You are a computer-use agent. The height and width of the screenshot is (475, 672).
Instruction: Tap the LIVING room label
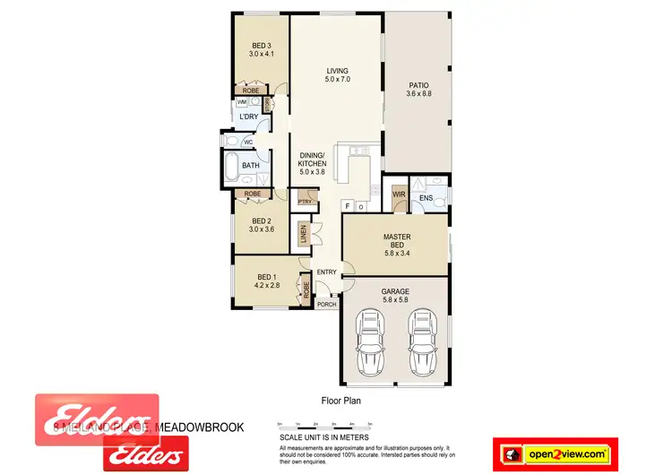pyautogui.click(x=337, y=72)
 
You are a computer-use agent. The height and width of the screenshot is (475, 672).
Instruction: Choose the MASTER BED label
pyautogui.click(x=396, y=237)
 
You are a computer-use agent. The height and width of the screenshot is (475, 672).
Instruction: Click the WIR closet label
pyautogui.click(x=398, y=194)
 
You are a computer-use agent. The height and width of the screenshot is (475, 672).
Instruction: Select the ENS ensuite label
pyautogui.click(x=426, y=198)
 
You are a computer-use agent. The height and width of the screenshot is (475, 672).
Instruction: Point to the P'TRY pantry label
pyautogui.click(x=304, y=201)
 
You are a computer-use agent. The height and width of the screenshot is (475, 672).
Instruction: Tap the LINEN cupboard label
pyautogui.click(x=305, y=236)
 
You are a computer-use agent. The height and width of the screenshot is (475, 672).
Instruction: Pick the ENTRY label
pyautogui.click(x=326, y=272)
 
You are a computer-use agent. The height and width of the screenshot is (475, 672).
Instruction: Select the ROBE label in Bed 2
pyautogui.click(x=253, y=194)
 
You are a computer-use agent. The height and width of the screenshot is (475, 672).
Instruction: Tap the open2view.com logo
pyautogui.click(x=565, y=453)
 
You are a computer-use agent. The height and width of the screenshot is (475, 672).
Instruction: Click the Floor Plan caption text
pyautogui.click(x=340, y=402)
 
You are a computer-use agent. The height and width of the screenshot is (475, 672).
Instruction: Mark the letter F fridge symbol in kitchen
pyautogui.click(x=346, y=206)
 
